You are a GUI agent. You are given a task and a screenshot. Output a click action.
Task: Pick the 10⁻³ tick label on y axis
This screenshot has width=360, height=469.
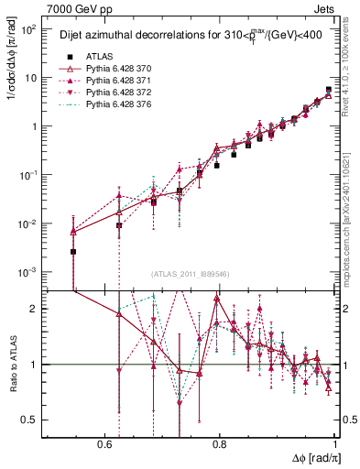pyautogui.click(x=29, y=272)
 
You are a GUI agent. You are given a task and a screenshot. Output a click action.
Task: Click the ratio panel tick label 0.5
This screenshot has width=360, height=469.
pyautogui.click(x=29, y=420)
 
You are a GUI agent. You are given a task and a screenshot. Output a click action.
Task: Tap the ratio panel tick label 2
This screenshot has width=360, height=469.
pyautogui.click(x=35, y=309)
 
